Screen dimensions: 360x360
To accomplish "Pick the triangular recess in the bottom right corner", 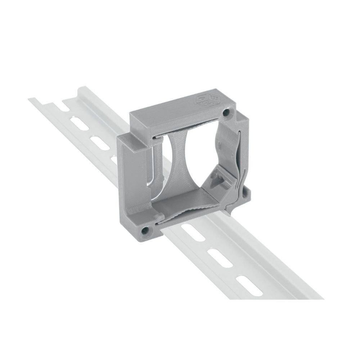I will [x=222, y=179].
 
